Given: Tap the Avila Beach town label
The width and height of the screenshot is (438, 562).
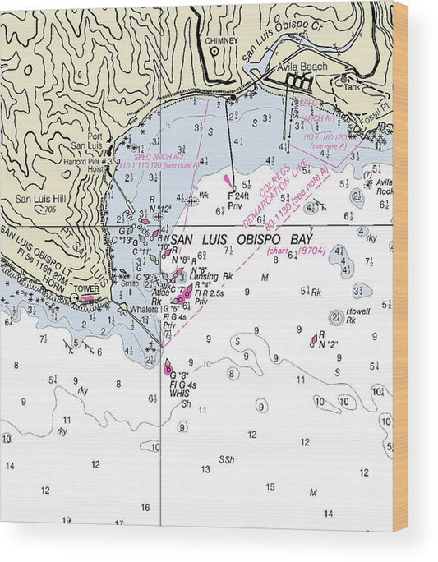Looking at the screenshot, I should tap(302, 67).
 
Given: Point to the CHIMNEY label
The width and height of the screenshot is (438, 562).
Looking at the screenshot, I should tap(222, 39).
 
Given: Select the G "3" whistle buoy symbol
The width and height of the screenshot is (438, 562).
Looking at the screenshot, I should tap(168, 367).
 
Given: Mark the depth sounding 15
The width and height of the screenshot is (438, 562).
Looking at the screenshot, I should tap(270, 487).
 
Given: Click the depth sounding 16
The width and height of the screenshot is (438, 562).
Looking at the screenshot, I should tap(145, 507).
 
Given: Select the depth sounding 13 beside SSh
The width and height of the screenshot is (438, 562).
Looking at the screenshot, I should tap(205, 469).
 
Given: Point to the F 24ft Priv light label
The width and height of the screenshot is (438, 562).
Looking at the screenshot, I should tap(237, 200).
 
